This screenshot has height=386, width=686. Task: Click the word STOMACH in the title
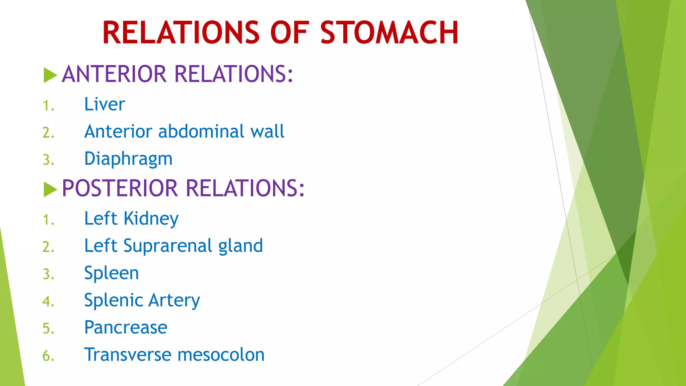tap(389, 33)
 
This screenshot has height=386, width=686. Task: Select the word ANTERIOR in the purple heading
tap(114, 74)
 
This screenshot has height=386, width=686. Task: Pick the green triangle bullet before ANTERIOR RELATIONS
tap(50, 75)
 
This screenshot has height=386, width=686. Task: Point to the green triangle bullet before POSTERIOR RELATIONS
tap(50, 189)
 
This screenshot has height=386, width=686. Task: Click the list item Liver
tap(105, 104)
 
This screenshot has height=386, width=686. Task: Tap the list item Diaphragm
tap(128, 159)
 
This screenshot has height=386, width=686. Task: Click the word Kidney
tap(151, 219)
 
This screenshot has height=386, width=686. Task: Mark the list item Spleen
tap(112, 273)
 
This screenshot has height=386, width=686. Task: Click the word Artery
tap(174, 300)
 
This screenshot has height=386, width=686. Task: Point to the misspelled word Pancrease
tap(126, 327)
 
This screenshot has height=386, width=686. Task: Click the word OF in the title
tap(289, 33)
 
